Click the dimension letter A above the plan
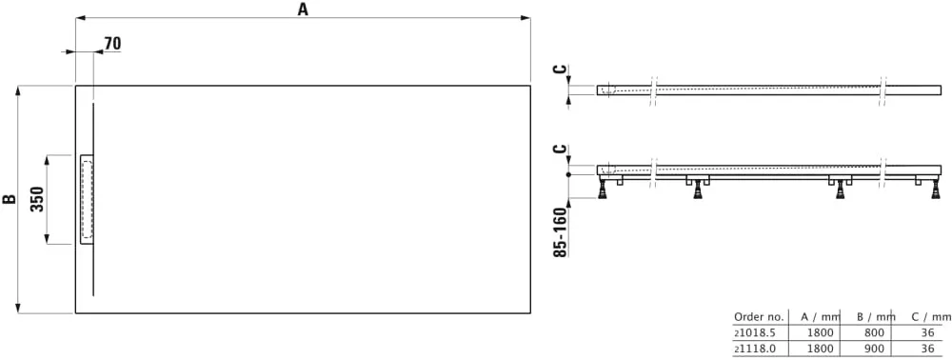click(x=303, y=9)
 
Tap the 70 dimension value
click(x=112, y=43)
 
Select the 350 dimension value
click(x=38, y=199)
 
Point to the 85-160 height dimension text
click(x=561, y=231)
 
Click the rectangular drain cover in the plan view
click(x=87, y=199)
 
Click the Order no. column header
click(x=759, y=316)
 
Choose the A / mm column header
click(x=821, y=316)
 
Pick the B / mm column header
click(x=876, y=316)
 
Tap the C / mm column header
click(x=931, y=316)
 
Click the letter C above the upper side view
click(x=561, y=70)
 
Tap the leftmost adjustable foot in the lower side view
click(x=605, y=189)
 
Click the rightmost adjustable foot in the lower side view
click(x=938, y=189)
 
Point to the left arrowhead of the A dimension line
click(x=79, y=17)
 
